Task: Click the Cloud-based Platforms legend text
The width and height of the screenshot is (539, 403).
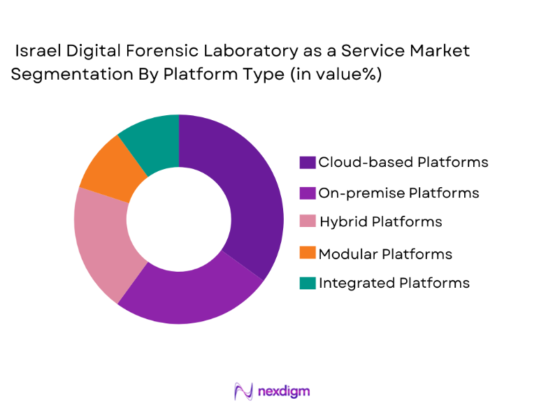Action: (403, 162)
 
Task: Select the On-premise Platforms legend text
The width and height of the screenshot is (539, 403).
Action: (398, 193)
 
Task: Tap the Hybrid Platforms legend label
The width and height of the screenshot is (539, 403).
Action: (380, 222)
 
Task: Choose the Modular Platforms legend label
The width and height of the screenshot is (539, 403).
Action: (385, 254)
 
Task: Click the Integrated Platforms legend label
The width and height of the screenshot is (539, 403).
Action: (394, 283)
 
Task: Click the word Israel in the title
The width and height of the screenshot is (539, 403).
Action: (41, 51)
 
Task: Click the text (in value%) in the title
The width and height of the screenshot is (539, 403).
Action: (335, 75)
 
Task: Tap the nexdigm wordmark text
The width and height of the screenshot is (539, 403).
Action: (283, 390)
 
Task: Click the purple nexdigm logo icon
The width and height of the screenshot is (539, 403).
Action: (243, 390)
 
